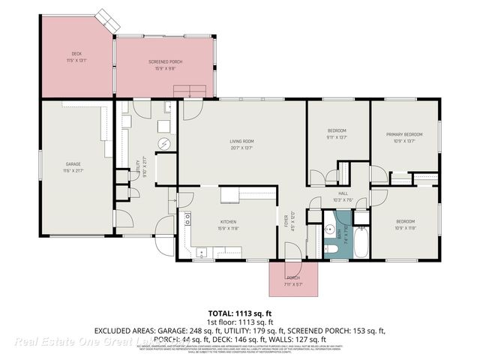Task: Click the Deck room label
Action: pos(76,53)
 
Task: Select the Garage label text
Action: pos(73,163)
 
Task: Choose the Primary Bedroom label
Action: pos(404,134)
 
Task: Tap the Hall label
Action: pos(342,194)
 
